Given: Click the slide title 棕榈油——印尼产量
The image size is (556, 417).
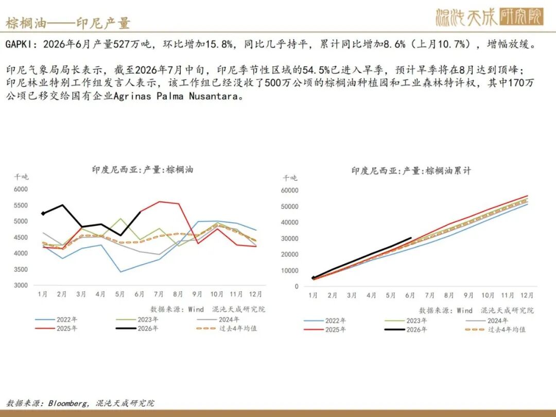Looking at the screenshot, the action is tap(68, 23).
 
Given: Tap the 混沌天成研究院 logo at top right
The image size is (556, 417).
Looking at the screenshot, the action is tap(490, 17).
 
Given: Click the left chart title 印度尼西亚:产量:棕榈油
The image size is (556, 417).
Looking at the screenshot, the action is tap(143, 169).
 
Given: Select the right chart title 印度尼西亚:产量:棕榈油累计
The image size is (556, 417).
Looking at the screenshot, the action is tap(411, 171).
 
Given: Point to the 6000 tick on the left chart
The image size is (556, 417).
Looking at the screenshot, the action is tap(21, 189).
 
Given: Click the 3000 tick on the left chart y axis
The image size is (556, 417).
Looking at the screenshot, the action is tap(21, 285).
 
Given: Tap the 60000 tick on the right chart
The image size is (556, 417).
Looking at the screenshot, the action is tap(290, 190).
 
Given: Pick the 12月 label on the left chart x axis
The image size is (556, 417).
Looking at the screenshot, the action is tap(255, 294).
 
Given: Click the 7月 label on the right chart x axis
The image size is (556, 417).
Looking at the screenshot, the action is tap(429, 296).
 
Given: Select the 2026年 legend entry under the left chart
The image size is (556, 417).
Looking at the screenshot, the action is tap(137, 328).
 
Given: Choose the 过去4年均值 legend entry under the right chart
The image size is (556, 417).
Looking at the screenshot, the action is tap(495, 330).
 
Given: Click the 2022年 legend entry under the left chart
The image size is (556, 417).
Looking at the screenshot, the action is tap(56, 320).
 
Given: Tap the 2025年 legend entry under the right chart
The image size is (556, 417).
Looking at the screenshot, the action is tap(325, 330).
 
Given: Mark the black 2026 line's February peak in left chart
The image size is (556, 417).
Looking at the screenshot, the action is tap(63, 205).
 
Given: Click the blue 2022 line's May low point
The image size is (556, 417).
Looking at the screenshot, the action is tap(120, 272).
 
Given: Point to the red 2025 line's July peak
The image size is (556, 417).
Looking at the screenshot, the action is tap(159, 202).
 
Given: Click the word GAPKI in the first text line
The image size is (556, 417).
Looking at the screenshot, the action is tap(21, 44).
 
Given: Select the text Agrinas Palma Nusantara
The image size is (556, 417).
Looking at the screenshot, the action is tap(176, 96).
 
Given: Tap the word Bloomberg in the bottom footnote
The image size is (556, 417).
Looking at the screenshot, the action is tap(67, 403).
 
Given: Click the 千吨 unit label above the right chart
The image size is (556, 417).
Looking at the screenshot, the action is tap(290, 178).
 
